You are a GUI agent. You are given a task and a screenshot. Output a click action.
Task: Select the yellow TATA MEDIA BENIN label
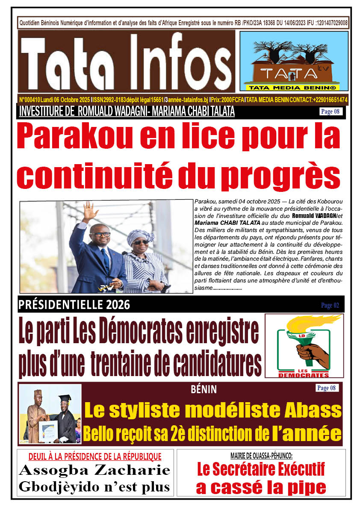293,88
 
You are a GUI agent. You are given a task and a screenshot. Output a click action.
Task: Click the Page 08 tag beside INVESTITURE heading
330,112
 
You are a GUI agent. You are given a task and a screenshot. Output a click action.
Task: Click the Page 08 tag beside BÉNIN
328,388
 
